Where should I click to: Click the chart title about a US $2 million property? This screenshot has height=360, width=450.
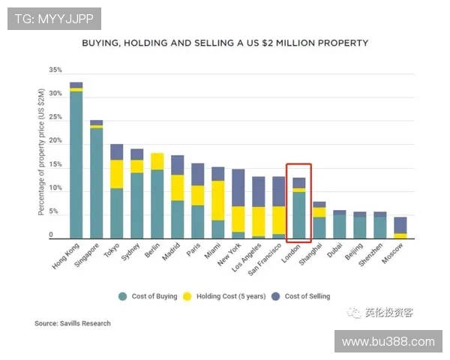(x=225, y=43)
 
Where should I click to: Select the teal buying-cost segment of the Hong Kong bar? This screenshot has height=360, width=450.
(x=76, y=164)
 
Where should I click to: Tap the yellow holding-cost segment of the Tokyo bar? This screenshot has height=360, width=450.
(x=117, y=174)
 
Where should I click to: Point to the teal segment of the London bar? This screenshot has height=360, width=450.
(x=298, y=214)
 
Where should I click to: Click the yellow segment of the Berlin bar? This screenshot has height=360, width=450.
(x=157, y=161)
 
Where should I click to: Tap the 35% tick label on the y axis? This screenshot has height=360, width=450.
(x=55, y=70)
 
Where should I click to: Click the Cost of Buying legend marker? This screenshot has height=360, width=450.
(x=122, y=296)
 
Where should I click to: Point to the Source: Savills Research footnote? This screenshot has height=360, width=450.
(x=73, y=323)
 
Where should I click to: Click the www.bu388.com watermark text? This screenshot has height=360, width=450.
(x=388, y=341)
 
